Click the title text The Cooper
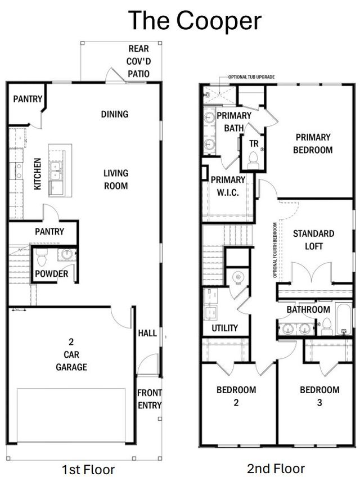tap(195, 21)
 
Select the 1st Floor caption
tap(88, 469)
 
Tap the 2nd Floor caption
tap(276, 468)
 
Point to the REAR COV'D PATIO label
tap(138, 61)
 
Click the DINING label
tap(115, 114)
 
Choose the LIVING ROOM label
tap(115, 179)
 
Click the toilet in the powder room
tap(42, 259)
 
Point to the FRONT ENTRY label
tap(149, 399)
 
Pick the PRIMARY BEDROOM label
tap(313, 143)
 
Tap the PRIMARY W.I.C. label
tap(228, 186)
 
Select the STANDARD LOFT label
tap(313, 240)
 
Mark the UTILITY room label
tap(224, 328)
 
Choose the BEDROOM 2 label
tap(236, 396)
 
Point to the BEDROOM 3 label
tap(319, 396)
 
